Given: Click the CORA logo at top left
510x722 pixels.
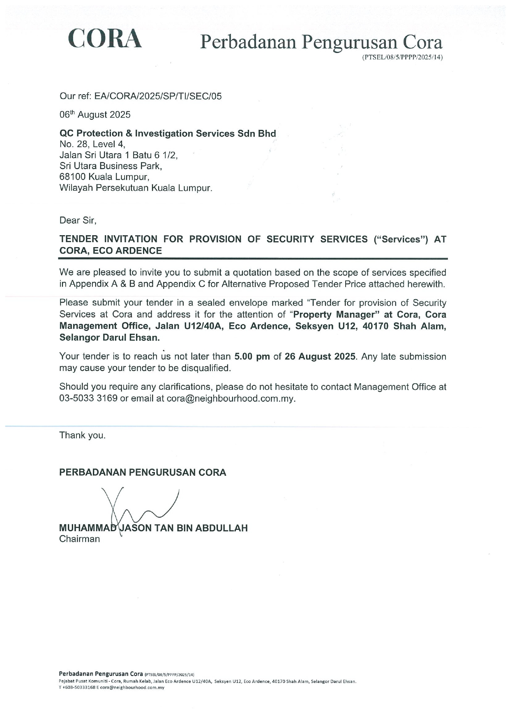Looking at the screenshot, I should (105, 39).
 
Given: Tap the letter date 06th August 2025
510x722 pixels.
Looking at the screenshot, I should (95, 115).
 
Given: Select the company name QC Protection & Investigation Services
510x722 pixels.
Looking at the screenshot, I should (168, 134).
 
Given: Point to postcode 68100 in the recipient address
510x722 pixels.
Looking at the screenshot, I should (72, 177).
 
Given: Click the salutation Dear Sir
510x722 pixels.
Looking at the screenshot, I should (78, 220).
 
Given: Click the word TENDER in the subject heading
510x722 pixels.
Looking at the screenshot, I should (79, 239).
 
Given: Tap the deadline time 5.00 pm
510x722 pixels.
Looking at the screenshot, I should (252, 356).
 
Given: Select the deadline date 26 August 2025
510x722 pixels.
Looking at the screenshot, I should (320, 356).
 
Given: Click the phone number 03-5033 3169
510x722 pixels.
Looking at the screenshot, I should (88, 398).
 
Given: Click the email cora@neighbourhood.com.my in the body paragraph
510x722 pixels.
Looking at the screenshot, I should (231, 398).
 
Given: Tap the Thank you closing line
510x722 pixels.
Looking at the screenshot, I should (82, 435).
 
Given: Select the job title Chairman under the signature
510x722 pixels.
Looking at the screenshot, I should (79, 539).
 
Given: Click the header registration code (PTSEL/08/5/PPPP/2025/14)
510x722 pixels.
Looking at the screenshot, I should (402, 58).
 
